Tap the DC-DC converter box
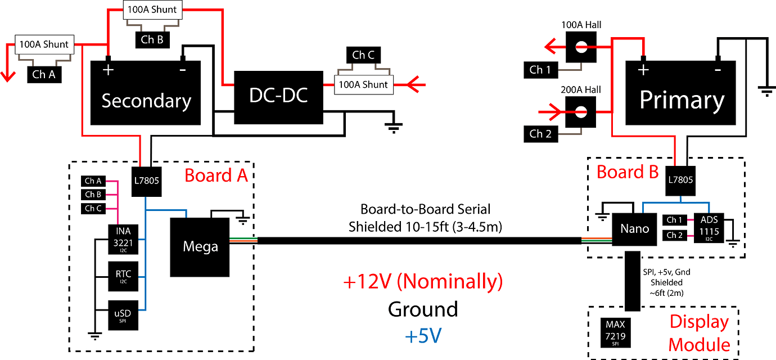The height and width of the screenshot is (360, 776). coord(278,97)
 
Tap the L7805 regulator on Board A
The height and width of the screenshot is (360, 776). coord(147,182)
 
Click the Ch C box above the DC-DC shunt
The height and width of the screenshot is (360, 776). coord(363,55)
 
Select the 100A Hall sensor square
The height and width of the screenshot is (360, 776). coord(581,47)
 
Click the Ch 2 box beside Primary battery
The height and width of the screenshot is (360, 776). coord(540,134)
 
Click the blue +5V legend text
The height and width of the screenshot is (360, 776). coord(423,336)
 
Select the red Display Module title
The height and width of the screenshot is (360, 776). coord(699,332)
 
